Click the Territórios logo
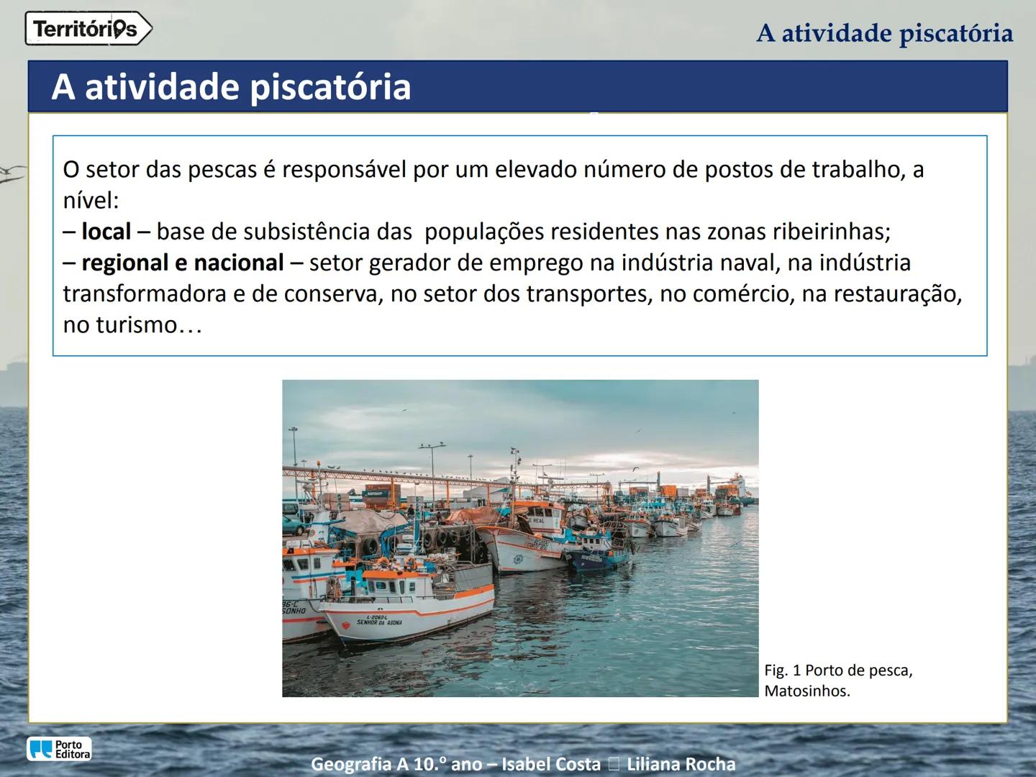click(88, 29)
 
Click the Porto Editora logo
click(59, 749)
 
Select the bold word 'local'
click(106, 232)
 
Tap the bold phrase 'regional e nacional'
click(183, 263)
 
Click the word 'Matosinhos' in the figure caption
click(806, 691)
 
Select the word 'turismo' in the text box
click(136, 325)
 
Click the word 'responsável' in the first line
click(344, 170)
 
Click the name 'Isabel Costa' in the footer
click(550, 764)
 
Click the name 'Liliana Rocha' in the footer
click(681, 764)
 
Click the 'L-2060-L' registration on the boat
click(376, 617)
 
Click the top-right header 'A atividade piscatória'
click(884, 33)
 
